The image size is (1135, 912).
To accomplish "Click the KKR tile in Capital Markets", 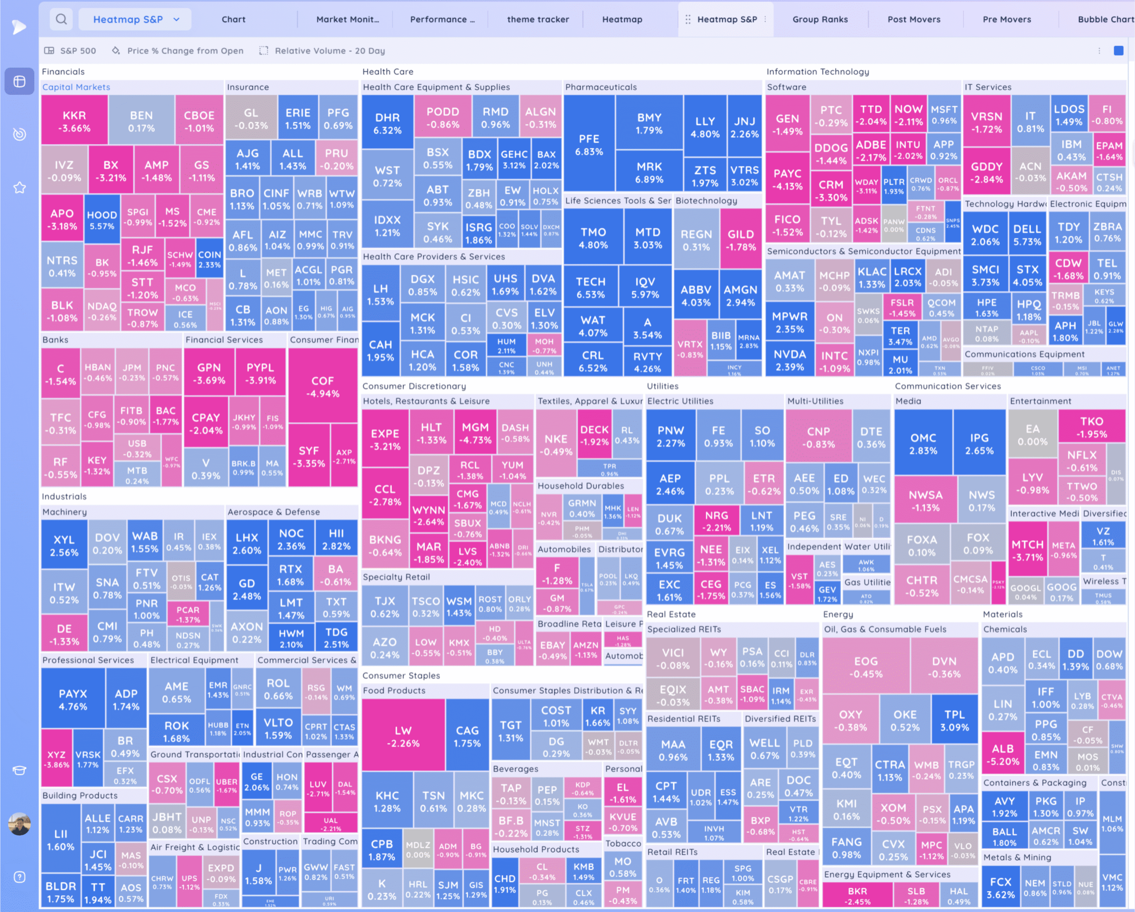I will click(74, 121).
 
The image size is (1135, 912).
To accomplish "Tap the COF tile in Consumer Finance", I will click(322, 387).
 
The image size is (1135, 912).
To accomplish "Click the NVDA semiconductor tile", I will click(790, 360).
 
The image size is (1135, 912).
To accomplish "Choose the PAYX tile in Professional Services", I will click(73, 699).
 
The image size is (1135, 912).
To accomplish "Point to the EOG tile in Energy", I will click(865, 667).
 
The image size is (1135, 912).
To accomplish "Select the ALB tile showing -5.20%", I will click(1002, 754).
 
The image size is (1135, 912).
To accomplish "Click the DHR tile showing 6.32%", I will click(387, 123).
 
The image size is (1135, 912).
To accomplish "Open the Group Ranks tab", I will click(820, 20).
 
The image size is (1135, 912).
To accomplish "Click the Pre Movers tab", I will click(1006, 20).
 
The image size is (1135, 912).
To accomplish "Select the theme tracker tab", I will click(537, 20).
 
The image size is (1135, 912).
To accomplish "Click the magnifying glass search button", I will click(61, 20).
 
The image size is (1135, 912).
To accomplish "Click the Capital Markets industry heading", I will click(76, 87).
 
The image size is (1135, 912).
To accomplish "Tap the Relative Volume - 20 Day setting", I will click(329, 51).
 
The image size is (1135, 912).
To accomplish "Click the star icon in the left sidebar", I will click(20, 188).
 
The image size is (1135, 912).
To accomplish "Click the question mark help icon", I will click(20, 877).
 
